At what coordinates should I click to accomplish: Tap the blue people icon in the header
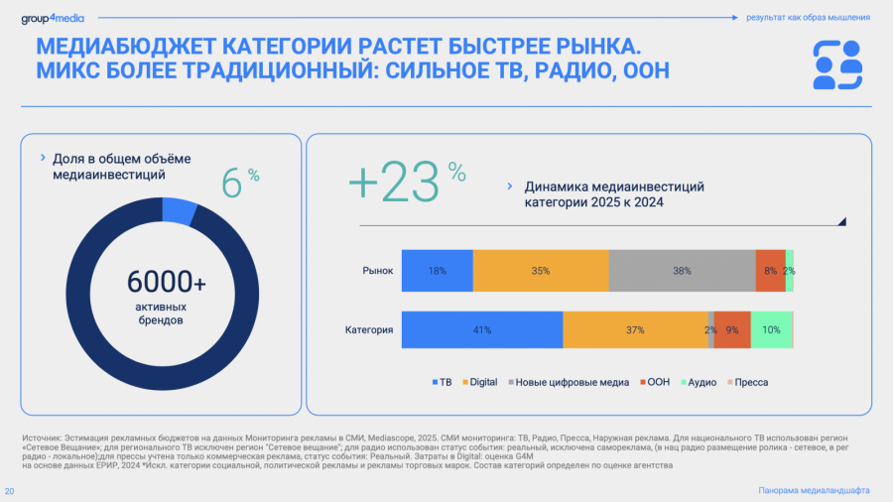(x=836, y=64)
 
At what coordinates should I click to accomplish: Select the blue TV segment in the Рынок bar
(x=437, y=271)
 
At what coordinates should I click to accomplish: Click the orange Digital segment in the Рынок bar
(x=541, y=271)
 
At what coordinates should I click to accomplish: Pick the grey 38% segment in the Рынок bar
(x=682, y=271)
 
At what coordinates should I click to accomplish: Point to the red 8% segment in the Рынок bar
(x=770, y=271)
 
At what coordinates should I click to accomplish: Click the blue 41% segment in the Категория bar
(x=482, y=329)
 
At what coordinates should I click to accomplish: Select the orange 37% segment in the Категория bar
(x=635, y=329)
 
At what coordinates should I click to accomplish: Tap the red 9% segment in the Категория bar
(x=732, y=329)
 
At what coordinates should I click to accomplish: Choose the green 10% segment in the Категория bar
(x=771, y=329)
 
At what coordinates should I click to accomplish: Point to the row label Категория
(x=369, y=329)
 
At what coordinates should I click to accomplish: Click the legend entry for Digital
(x=480, y=382)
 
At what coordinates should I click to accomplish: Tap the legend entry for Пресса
(x=748, y=382)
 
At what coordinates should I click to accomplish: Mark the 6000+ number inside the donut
(x=167, y=283)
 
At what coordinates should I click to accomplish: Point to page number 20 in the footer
(x=10, y=491)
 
